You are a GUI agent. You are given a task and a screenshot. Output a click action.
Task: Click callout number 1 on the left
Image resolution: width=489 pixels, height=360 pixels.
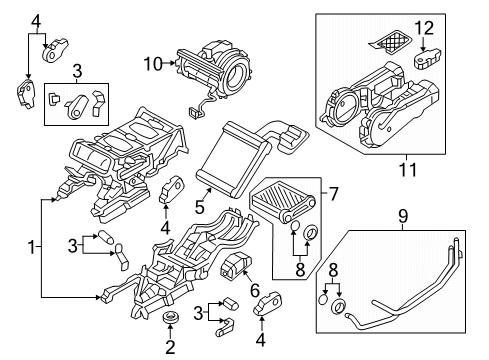point(32,246)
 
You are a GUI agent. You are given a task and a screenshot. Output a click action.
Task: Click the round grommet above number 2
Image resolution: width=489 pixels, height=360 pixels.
point(169,320)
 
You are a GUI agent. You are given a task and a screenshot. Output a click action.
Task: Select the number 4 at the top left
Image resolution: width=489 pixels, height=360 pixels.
point(34,19)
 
